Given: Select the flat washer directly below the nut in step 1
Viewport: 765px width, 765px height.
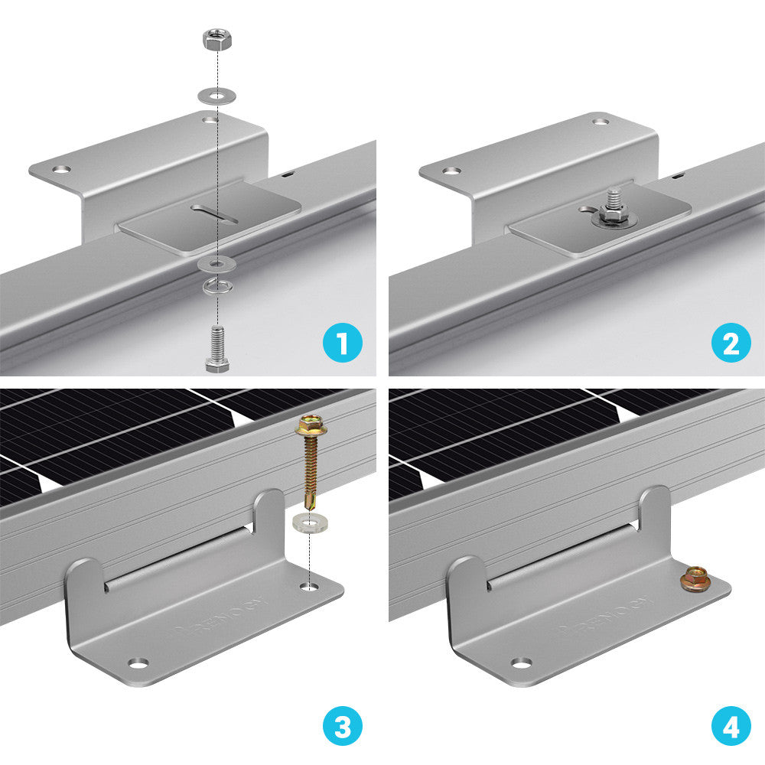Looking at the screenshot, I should tap(216, 96).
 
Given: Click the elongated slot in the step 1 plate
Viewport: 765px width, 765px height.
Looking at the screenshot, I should tap(216, 214).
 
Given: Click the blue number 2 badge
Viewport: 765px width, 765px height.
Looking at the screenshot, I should tap(731, 343).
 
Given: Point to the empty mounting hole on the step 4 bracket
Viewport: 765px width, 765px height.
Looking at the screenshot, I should tap(520, 662).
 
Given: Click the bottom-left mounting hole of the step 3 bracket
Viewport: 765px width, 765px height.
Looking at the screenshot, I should tap(137, 662).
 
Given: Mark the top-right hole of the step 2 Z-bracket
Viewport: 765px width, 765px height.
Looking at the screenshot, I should tap(601, 121).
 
